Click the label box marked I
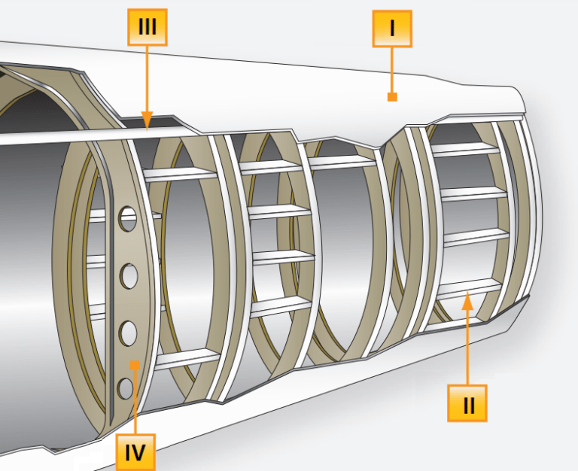(x=392, y=29)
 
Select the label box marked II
(x=467, y=403)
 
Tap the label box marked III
(x=147, y=29)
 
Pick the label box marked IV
(x=135, y=451)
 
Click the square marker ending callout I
(x=391, y=96)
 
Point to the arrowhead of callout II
(x=467, y=301)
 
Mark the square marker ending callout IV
(x=135, y=365)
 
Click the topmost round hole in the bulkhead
(x=129, y=220)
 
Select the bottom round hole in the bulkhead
(x=126, y=387)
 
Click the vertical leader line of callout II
(x=467, y=346)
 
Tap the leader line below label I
(x=391, y=71)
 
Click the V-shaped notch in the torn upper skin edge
(x=385, y=143)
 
